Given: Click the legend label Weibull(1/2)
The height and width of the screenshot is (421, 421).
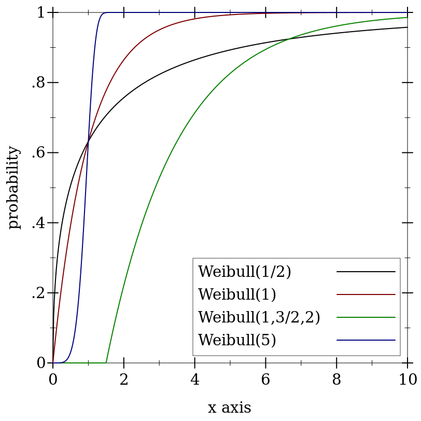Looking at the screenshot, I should tap(244, 272).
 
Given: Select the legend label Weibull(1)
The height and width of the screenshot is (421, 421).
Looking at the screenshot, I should tap(237, 294).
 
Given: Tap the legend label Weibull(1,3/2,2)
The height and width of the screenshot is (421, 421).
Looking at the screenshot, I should tap(259, 317).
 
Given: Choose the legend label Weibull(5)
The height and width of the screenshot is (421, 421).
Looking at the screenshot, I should tap(237, 340).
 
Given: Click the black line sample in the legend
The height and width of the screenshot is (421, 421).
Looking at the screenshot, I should tap(366, 272).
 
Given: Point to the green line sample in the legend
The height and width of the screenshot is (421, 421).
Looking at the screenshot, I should tap(366, 317).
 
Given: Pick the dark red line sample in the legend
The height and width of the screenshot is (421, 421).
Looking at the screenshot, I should tap(366, 294).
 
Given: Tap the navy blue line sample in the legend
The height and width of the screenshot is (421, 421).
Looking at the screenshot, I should tap(366, 340).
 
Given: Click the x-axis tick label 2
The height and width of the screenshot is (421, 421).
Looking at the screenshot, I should tap(124, 380).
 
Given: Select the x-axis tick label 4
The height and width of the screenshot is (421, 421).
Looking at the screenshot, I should tap(195, 380).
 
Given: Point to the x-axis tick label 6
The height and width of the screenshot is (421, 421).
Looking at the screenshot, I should tap(265, 380).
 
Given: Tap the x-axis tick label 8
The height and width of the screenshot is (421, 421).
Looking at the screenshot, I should tap(336, 380).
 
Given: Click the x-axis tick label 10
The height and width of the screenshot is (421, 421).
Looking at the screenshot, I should tap(408, 380).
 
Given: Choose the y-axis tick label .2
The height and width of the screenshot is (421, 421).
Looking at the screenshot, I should tap(38, 293).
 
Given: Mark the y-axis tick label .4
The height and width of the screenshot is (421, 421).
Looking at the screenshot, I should tap(38, 223).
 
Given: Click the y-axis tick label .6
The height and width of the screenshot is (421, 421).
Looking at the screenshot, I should tap(38, 153).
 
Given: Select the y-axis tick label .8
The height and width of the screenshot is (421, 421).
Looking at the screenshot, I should tap(38, 82).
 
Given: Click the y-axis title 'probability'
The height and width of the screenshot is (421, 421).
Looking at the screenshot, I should tap(13, 187).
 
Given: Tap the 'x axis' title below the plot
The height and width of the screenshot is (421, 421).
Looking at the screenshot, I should tap(229, 408).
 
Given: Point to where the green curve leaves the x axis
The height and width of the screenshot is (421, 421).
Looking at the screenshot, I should tap(106, 362).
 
